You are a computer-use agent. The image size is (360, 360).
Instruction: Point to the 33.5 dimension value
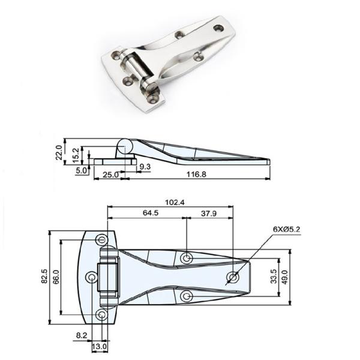tap(274, 277)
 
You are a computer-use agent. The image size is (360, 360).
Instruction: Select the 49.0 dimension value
tap(286, 277)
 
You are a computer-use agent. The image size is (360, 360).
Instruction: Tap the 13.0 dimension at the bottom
tap(100, 347)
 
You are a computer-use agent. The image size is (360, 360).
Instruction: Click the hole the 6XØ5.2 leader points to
tap(233, 277)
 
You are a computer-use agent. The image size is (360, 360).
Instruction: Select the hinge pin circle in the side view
tap(124, 146)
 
